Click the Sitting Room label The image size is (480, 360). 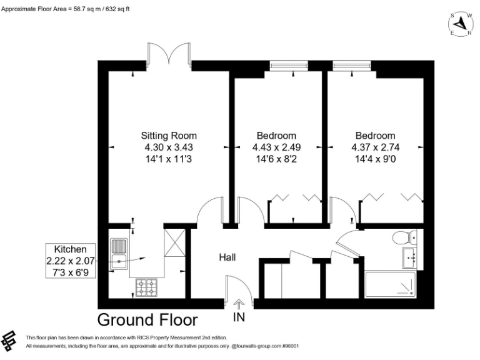169,136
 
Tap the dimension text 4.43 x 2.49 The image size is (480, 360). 276,147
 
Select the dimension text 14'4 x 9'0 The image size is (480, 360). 375,159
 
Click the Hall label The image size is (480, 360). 227,257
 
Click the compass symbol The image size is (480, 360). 461,24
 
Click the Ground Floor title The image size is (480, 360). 148,320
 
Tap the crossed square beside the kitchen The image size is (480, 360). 174,242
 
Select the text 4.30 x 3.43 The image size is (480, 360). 169,147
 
